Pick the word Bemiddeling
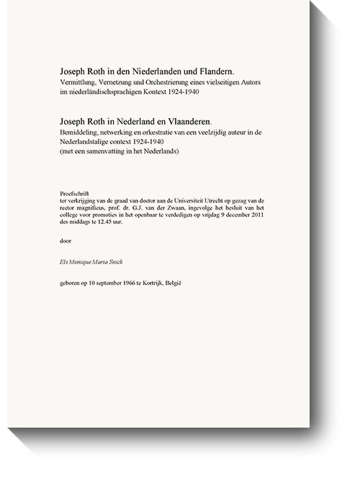82,133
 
